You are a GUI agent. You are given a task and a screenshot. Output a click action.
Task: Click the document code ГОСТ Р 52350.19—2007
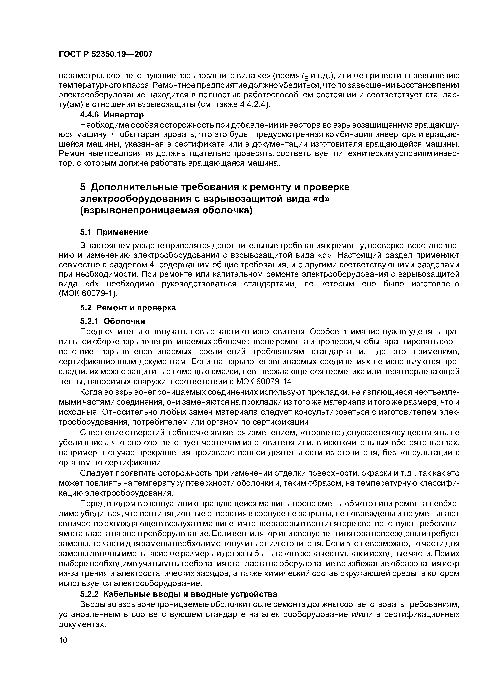[x=105, y=54]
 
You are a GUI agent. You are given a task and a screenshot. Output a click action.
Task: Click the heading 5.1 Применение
[x=114, y=232]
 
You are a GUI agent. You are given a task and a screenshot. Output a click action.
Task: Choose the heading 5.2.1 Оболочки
[x=112, y=321]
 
